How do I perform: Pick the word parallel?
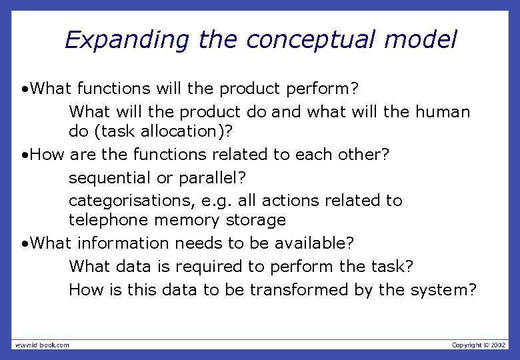pyautogui.click(x=215, y=178)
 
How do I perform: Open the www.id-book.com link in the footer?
pyautogui.click(x=42, y=345)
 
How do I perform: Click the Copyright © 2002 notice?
pyautogui.click(x=479, y=345)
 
